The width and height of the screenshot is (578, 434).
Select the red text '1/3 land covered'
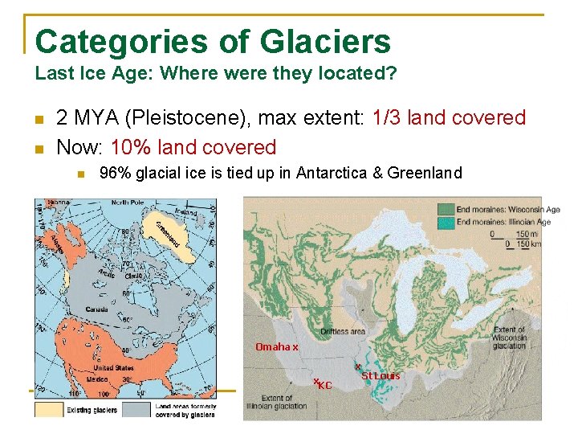pos(449,118)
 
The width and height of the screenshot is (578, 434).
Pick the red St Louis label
pos(380,375)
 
